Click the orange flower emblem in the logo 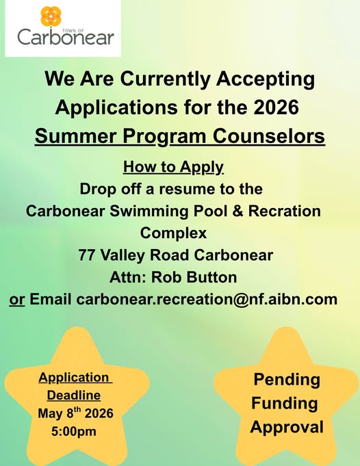(x=51, y=16)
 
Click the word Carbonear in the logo (x=66, y=38)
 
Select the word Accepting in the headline (x=265, y=79)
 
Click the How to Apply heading (x=173, y=167)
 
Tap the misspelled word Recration (x=285, y=211)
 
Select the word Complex (x=173, y=233)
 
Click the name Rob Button (x=194, y=277)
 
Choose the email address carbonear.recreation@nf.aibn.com (x=207, y=299)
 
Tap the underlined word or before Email (x=17, y=300)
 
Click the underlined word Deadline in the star (x=74, y=396)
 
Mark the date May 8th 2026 (x=75, y=413)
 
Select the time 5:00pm (x=74, y=431)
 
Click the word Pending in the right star (x=287, y=380)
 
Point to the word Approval (x=287, y=428)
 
